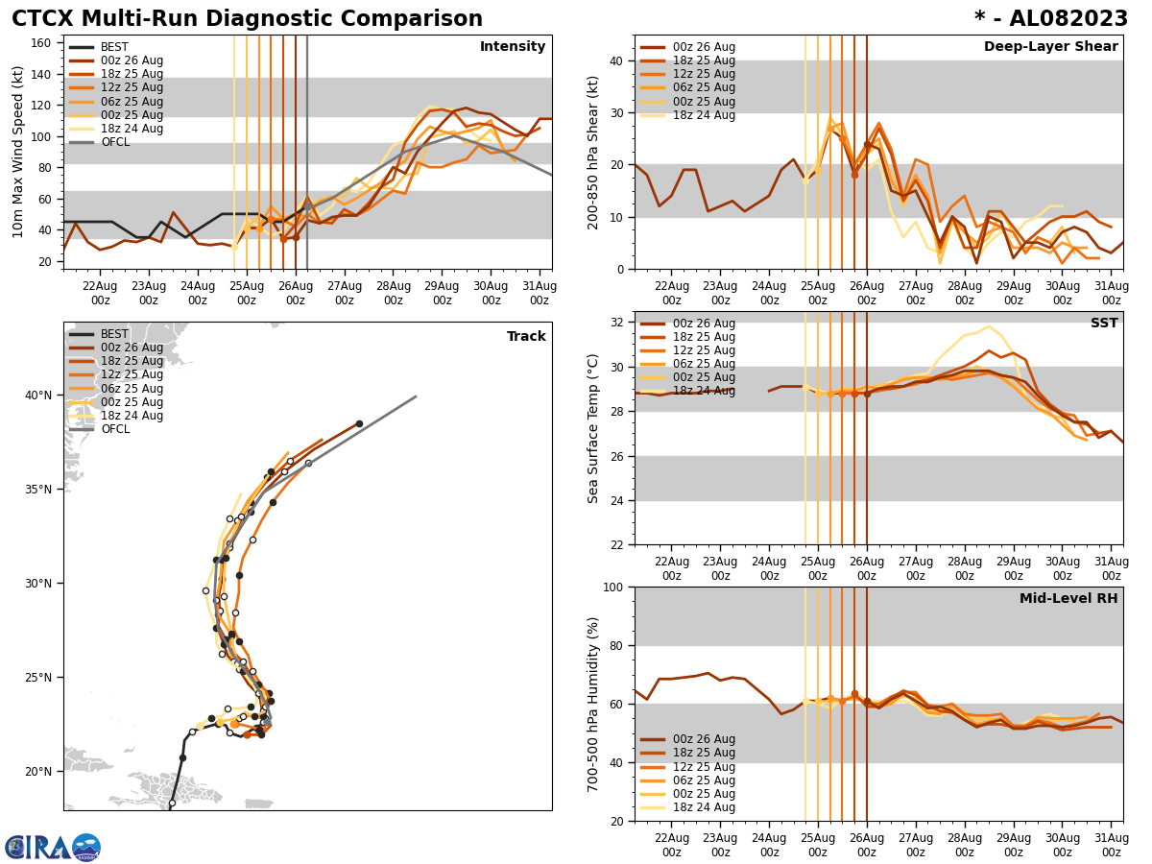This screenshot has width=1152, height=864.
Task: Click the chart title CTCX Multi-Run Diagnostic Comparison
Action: pyautogui.click(x=247, y=19)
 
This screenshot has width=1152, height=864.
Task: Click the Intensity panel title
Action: pyautogui.click(x=512, y=47)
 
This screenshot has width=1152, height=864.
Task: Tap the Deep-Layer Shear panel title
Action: pyautogui.click(x=1050, y=47)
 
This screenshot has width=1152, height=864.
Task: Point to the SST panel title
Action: pyautogui.click(x=1104, y=324)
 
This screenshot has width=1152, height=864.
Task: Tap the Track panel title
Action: pyautogui.click(x=526, y=337)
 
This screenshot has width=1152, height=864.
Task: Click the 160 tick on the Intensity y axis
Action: pyautogui.click(x=44, y=42)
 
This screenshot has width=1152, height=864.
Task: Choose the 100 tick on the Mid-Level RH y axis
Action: pyautogui.click(x=612, y=588)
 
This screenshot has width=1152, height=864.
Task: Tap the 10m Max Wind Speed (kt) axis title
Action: pyautogui.click(x=19, y=152)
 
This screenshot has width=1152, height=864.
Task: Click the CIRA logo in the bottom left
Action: pyautogui.click(x=53, y=848)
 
